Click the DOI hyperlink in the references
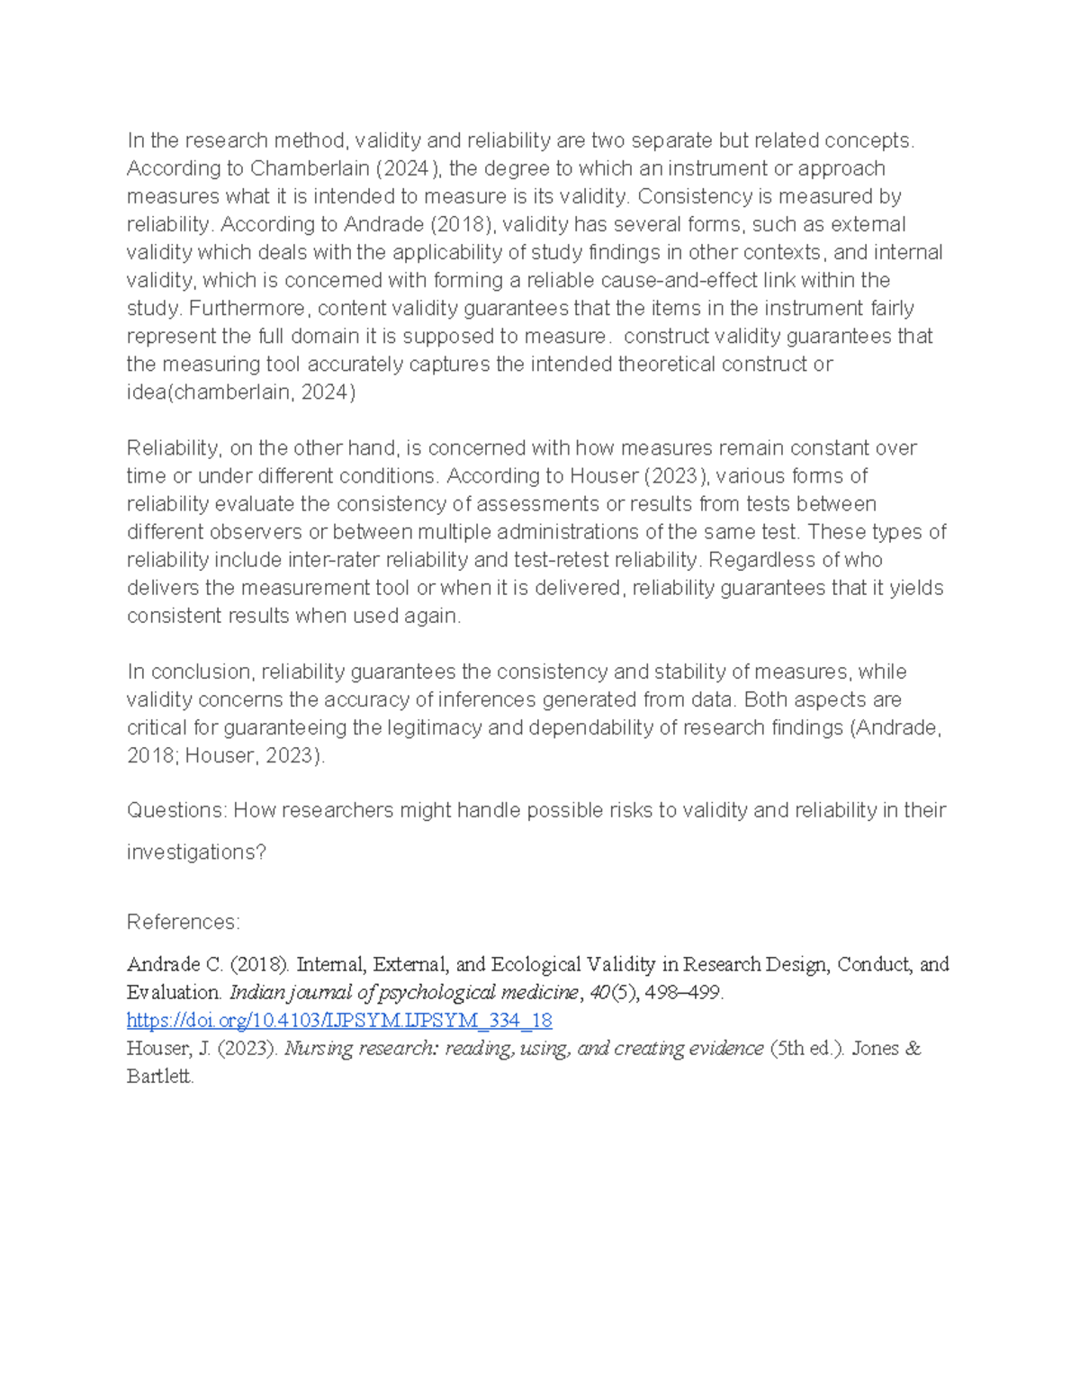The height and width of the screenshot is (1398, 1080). click(x=339, y=1021)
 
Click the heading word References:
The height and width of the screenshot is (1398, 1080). click(x=184, y=922)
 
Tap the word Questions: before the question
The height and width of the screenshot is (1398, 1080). click(x=177, y=810)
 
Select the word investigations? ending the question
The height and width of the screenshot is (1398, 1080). click(x=196, y=852)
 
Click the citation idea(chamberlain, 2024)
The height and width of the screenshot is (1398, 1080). click(x=241, y=392)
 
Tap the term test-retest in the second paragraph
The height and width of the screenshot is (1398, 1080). click(x=560, y=560)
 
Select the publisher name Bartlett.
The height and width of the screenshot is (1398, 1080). click(x=160, y=1077)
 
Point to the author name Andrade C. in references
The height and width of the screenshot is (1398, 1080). click(x=174, y=965)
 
